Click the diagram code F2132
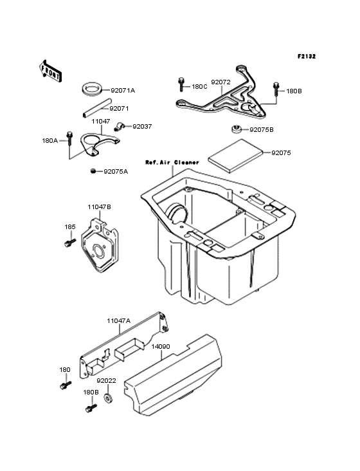307,57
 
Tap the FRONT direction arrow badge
51,70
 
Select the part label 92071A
123,91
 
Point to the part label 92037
142,127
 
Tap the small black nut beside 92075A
94,171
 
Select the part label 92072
221,82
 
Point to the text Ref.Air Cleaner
172,162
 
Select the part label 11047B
100,207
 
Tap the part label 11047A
119,320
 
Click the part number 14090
161,346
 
